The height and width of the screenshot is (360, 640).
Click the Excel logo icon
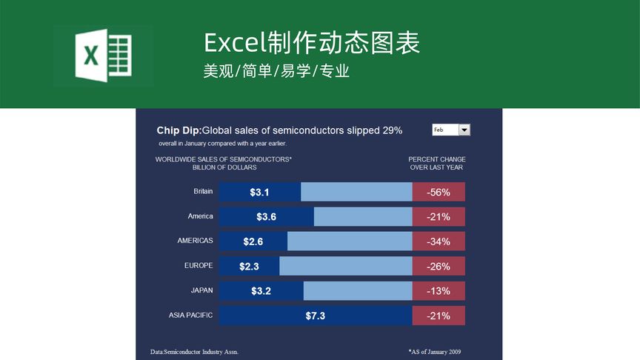(103, 56)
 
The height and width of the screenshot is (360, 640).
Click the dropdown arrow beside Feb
(464, 130)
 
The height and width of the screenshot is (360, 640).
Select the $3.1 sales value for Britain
(259, 193)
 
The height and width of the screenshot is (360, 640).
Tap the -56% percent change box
(439, 193)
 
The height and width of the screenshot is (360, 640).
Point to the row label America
(200, 216)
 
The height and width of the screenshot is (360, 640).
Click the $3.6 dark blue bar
(266, 217)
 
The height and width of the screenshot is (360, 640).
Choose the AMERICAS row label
(195, 241)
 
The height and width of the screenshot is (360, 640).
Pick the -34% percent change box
(439, 241)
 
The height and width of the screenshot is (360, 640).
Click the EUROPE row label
(199, 265)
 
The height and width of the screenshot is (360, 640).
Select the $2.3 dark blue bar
(249, 266)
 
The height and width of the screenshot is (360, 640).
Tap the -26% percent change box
(439, 266)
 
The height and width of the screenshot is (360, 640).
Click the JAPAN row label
(201, 290)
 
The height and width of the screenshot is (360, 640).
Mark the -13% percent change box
(439, 291)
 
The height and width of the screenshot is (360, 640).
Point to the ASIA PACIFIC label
(190, 315)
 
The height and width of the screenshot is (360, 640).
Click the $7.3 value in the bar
(315, 316)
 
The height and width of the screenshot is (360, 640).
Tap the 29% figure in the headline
(392, 130)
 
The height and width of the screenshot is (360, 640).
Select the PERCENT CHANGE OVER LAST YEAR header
(437, 163)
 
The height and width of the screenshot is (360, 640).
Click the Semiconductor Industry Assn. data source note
(194, 352)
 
